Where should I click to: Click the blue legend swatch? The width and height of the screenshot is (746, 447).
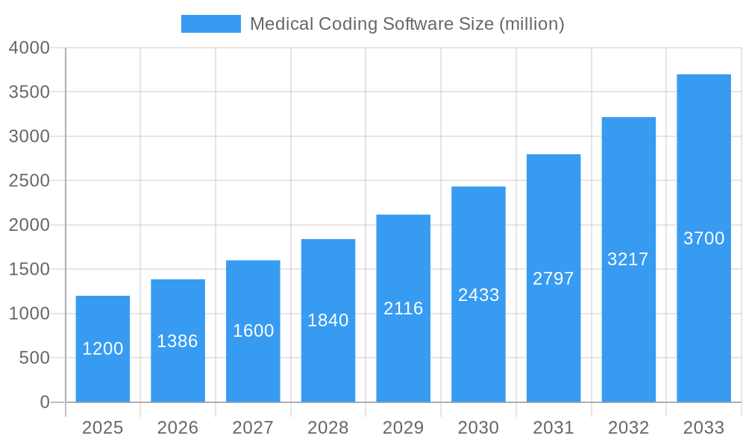tap(210, 24)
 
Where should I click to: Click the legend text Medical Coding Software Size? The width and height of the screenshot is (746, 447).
tap(407, 24)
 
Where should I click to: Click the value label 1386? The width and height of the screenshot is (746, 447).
tap(178, 341)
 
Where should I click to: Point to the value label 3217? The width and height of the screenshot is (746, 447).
tap(628, 259)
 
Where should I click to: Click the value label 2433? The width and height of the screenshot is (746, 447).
tap(478, 295)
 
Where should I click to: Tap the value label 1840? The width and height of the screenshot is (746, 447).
tap(328, 320)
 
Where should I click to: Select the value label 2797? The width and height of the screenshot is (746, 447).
tap(554, 279)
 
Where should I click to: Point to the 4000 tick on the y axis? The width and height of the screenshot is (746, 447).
tap(29, 48)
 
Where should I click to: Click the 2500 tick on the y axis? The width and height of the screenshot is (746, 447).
tap(29, 181)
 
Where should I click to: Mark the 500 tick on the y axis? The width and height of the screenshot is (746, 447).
tap(34, 358)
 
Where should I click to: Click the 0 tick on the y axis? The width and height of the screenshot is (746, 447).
tap(44, 402)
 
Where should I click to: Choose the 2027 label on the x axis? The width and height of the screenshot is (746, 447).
tap(253, 428)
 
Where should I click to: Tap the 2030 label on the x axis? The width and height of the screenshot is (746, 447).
tap(478, 428)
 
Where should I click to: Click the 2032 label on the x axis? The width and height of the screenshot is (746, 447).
tap(628, 428)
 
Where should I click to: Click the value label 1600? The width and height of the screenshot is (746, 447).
tap(253, 331)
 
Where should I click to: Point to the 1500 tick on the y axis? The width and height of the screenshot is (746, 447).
tap(29, 270)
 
